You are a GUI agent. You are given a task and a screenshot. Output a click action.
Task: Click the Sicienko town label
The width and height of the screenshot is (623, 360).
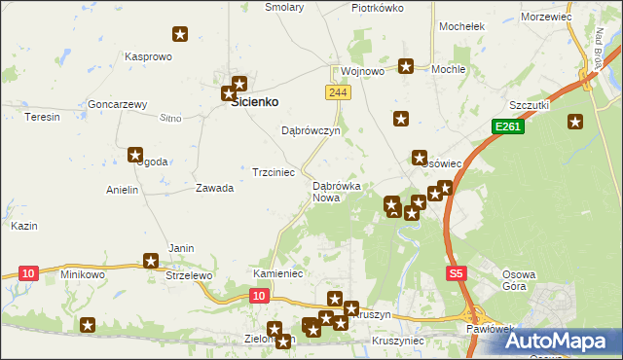point(254,101)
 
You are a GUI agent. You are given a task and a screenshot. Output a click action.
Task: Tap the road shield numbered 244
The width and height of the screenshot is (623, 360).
point(337,91)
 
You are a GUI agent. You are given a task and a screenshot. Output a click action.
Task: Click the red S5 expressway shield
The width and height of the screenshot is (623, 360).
point(457,274)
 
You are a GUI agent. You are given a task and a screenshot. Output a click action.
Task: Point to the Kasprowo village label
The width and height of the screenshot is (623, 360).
point(148,56)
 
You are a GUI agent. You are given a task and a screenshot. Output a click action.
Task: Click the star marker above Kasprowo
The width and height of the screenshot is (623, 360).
point(180,36)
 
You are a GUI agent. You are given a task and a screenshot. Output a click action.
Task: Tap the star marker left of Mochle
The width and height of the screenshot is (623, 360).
point(406,66)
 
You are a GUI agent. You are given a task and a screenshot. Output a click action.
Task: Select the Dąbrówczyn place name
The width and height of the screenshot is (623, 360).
point(310,129)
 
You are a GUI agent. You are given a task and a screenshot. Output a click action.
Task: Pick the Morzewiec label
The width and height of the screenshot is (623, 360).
point(546,17)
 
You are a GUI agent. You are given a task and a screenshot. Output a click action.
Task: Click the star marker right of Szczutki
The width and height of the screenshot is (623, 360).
point(575,122)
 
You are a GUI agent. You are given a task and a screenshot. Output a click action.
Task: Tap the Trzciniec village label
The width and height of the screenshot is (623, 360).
point(274,172)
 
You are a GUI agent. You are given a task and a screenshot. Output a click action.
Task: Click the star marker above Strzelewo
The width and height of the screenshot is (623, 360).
point(151,260)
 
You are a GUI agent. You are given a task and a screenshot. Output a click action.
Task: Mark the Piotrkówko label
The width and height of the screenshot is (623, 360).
point(378,8)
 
